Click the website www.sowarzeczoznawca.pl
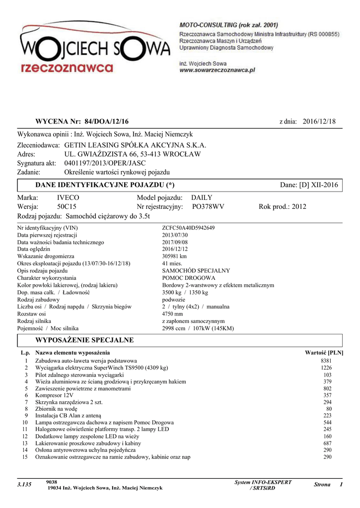click(217, 70)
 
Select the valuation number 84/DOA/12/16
click(106, 122)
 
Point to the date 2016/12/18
click(319, 122)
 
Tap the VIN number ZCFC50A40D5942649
click(188, 228)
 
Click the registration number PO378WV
click(208, 206)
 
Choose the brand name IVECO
click(68, 197)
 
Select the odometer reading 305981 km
click(174, 256)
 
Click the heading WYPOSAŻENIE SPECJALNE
click(84, 340)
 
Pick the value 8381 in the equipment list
click(326, 361)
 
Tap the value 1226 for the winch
click(326, 368)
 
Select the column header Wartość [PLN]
click(324, 352)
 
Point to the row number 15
click(25, 457)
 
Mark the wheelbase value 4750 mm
click(172, 314)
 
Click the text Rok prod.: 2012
click(283, 206)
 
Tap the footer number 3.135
click(24, 484)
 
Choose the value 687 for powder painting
click(327, 443)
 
